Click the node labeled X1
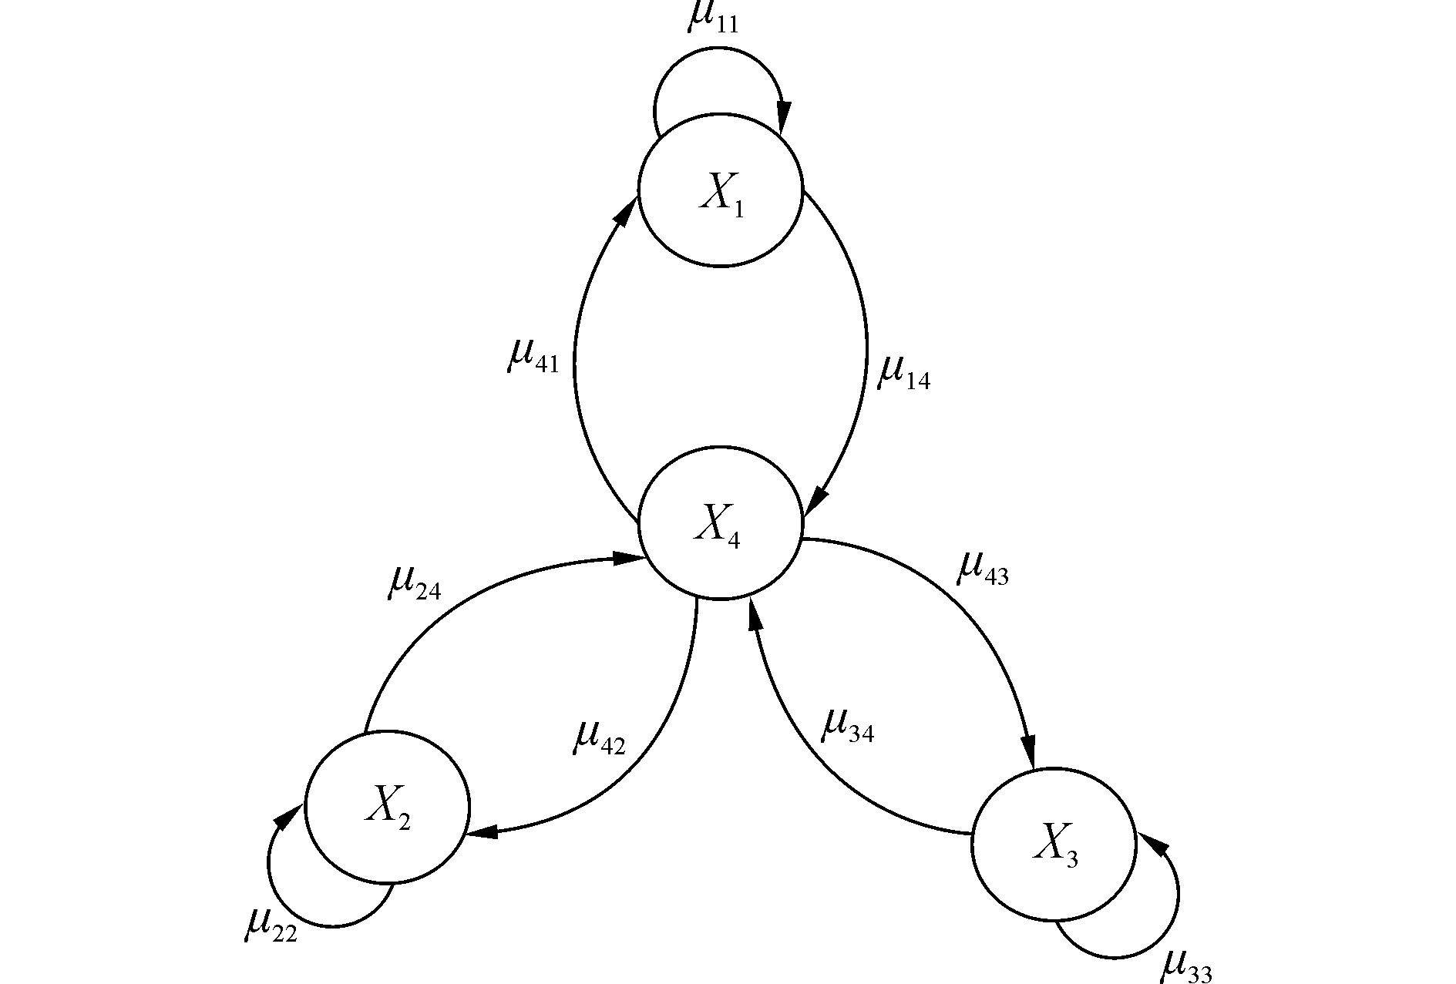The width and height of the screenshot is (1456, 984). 721,190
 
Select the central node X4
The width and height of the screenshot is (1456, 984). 721,522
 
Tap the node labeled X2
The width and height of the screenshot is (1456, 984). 387,807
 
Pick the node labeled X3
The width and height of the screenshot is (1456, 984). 1054,844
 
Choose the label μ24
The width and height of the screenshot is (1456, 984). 414,583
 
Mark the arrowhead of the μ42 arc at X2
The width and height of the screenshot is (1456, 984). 483,832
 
